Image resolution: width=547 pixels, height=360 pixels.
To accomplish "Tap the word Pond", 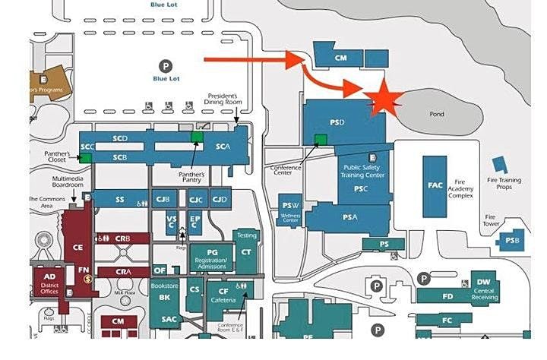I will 438,115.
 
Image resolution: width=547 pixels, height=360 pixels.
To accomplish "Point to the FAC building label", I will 435,185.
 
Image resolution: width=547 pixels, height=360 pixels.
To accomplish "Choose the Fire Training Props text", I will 505,183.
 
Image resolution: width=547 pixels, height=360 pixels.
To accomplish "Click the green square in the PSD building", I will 321,139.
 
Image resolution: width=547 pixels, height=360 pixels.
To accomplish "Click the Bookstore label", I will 163,286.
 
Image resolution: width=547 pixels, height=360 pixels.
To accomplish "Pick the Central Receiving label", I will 484,294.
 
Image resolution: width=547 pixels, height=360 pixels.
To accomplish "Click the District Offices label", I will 49,288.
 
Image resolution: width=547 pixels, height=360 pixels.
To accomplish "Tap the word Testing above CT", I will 246,235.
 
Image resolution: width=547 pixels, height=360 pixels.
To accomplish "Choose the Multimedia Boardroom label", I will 66,182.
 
